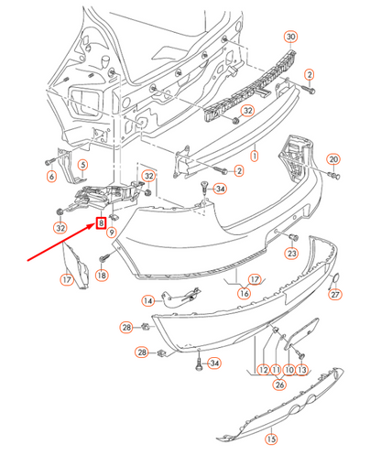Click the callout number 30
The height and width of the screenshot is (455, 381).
tap(291, 38)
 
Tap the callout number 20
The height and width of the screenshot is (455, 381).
tap(333, 158)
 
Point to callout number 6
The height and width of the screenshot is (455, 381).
tap(51, 177)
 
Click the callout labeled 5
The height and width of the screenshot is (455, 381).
tap(81, 166)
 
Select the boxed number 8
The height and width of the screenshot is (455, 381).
tap(103, 222)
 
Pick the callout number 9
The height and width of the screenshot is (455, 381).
tap(112, 233)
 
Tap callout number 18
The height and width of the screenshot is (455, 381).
tap(103, 275)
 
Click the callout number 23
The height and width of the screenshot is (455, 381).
tap(293, 253)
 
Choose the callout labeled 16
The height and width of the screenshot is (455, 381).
tap(244, 293)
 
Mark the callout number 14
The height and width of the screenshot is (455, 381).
tap(147, 300)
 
